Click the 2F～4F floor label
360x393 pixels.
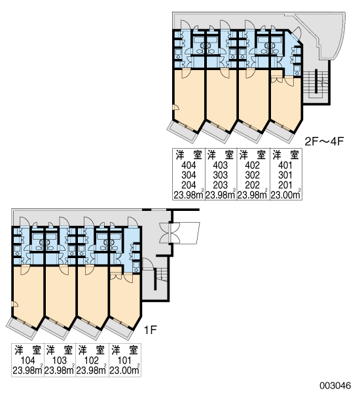coord(324,141)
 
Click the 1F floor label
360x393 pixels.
coord(150,330)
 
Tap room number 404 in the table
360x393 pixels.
coord(189,165)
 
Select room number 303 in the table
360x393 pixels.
coord(221,175)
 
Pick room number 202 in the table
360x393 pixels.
coord(252,185)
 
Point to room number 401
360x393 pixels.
coord(285,165)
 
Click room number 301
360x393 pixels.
coord(285,175)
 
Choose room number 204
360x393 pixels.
coord(189,185)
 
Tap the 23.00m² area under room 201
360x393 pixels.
coord(286,195)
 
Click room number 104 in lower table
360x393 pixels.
coord(27,360)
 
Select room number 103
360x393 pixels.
coord(60,360)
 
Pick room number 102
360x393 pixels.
coord(91,360)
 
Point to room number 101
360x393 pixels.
coord(124,360)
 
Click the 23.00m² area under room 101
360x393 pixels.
coord(124,370)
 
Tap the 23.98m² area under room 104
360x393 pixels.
coord(27,370)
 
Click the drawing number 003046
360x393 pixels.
coord(335,385)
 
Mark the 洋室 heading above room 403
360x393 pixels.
coord(221,155)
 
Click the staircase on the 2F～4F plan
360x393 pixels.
coord(316,84)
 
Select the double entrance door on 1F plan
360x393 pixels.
coord(170,233)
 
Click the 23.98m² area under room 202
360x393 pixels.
coord(253,195)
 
